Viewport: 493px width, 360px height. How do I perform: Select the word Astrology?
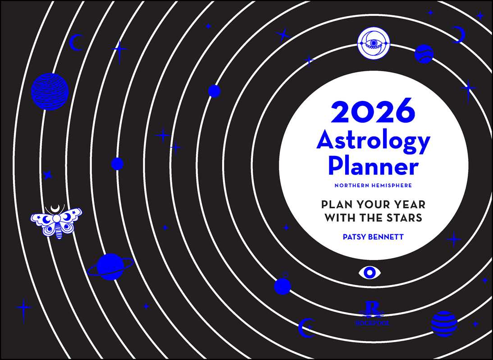tap(373, 141)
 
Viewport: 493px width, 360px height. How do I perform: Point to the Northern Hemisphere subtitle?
tap(373, 185)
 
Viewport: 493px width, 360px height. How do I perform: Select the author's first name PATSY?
tap(356, 236)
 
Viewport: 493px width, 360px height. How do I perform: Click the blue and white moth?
tap(56, 221)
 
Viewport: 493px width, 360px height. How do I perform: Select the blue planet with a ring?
tap(110, 267)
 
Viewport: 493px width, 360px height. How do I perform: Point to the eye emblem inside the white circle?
tap(373, 43)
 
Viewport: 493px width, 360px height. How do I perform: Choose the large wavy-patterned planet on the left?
tap(50, 91)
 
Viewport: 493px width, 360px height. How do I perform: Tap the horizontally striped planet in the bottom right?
tap(444, 323)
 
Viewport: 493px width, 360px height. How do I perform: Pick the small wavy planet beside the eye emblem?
tap(424, 54)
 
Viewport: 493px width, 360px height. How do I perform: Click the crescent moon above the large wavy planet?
tap(75, 43)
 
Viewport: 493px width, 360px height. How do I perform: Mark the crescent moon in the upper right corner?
tap(459, 35)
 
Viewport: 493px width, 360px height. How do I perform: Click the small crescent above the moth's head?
tap(56, 208)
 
